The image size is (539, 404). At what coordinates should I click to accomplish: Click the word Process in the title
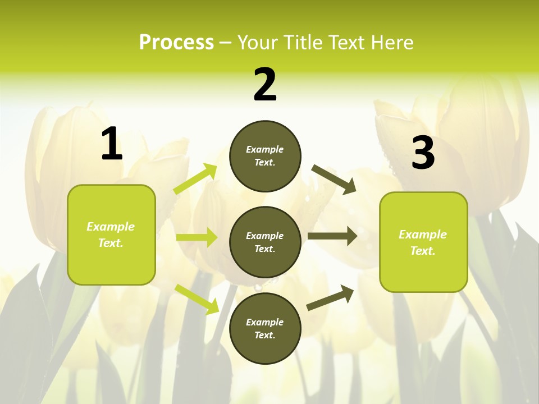click(x=176, y=42)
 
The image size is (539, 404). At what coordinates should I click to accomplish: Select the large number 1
click(x=111, y=144)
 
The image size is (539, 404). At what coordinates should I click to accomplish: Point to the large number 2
click(x=265, y=85)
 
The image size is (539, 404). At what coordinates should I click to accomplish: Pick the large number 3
click(x=423, y=153)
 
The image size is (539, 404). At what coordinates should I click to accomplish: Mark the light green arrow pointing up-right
click(x=195, y=179)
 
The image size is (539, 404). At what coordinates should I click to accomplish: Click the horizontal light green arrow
click(x=197, y=237)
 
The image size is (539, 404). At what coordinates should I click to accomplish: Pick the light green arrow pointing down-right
click(x=197, y=299)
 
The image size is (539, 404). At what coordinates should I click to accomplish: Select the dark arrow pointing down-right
click(x=334, y=179)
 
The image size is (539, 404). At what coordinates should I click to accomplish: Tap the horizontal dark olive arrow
click(x=332, y=236)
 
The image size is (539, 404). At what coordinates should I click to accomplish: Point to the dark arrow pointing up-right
click(x=331, y=297)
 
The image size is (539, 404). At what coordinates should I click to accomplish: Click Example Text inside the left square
click(x=111, y=235)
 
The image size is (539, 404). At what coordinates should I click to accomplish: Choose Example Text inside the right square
click(x=423, y=242)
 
